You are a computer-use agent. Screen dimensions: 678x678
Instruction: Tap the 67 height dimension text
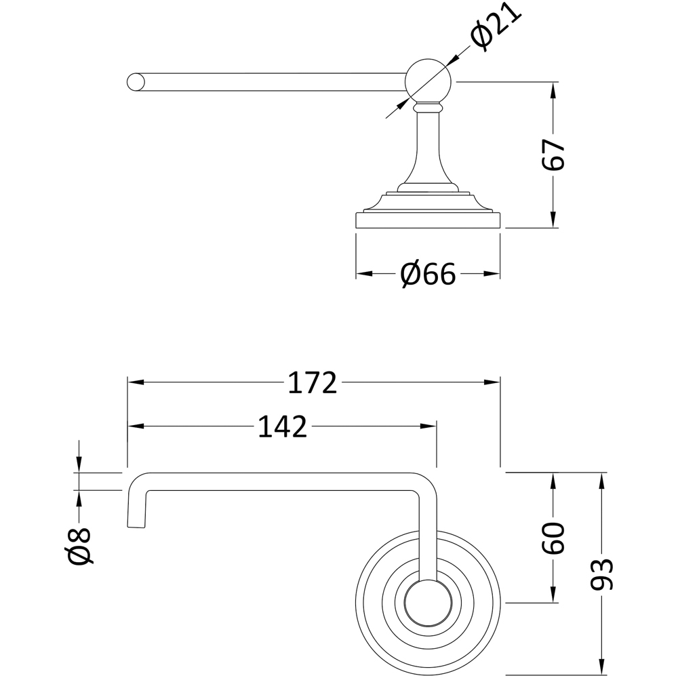pyautogui.click(x=554, y=155)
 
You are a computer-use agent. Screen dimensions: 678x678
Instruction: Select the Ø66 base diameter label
pyautogui.click(x=428, y=274)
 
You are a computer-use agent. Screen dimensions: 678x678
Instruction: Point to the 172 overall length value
pyautogui.click(x=313, y=383)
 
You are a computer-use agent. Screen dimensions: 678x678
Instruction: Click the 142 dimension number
pyautogui.click(x=283, y=426)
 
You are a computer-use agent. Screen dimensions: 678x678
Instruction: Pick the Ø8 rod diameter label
pyautogui.click(x=79, y=546)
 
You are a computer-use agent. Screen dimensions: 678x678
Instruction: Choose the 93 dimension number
pyautogui.click(x=602, y=575)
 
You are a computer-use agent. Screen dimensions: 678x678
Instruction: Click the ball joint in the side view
pyautogui.click(x=427, y=80)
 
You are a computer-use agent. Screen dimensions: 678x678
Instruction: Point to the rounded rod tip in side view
pyautogui.click(x=136, y=81)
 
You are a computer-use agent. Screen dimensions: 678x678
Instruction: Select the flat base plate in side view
pyautogui.click(x=428, y=221)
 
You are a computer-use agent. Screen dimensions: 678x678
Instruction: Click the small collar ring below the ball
pyautogui.click(x=427, y=106)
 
